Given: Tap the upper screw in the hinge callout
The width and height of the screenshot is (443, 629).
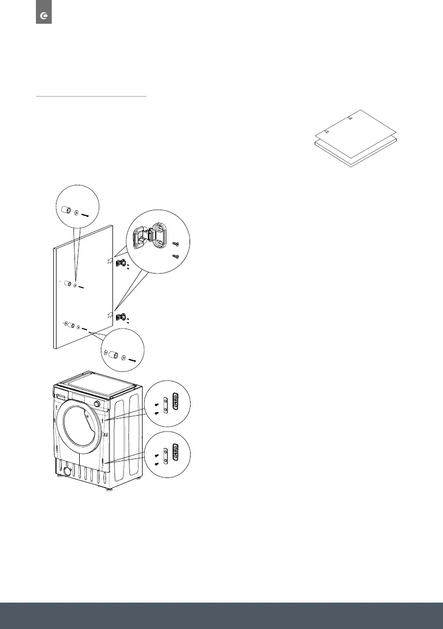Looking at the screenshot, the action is pos(176,244).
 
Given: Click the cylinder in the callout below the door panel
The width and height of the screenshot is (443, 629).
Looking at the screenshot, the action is pos(114,355).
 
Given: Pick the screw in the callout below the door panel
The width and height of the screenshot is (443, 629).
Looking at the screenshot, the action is pos(133,360).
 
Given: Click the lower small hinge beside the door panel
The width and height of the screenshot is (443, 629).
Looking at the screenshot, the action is pos(120,317).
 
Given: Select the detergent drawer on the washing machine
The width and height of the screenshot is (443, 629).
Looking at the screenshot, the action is pos(62,396).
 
